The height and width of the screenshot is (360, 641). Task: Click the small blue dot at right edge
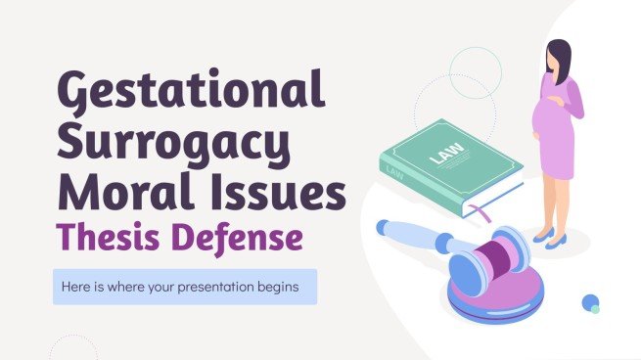[590, 302]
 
